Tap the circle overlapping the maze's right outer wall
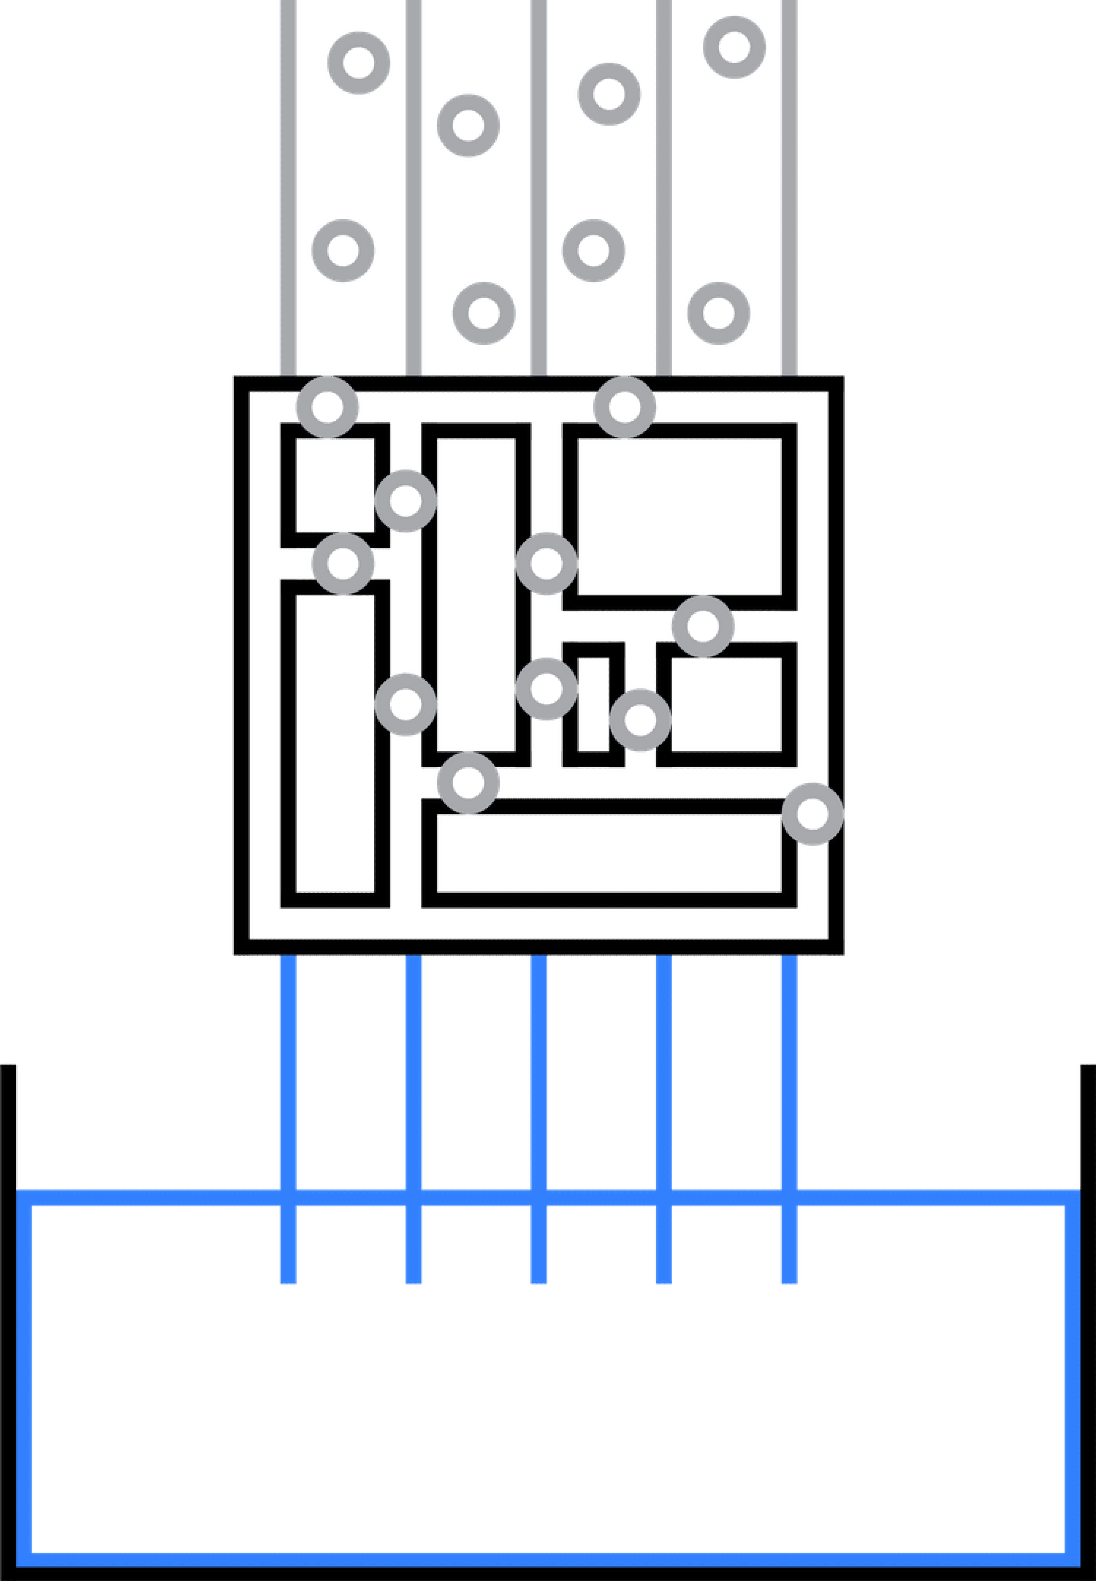pyautogui.click(x=813, y=814)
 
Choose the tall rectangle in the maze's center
pyautogui.click(x=476, y=595)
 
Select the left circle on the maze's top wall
pyautogui.click(x=328, y=406)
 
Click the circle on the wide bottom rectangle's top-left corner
pyautogui.click(x=468, y=783)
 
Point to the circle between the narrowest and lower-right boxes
pyautogui.click(x=640, y=720)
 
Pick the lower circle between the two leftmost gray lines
pyautogui.click(x=343, y=251)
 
